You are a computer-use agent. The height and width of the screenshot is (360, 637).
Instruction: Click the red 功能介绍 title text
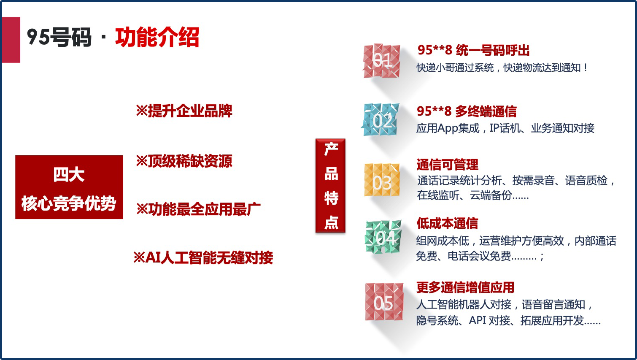tap(157, 37)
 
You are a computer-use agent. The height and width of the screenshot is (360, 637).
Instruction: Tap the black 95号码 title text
tap(59, 37)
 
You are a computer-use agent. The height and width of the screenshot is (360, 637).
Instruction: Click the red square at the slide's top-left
tap(11, 40)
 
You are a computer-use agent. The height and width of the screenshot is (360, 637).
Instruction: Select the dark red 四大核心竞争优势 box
tap(69, 187)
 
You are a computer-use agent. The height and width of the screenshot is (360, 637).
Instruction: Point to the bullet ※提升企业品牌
tap(184, 111)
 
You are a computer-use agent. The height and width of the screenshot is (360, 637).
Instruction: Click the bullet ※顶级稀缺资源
tap(184, 161)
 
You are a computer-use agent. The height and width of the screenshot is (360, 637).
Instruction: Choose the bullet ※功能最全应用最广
tap(198, 209)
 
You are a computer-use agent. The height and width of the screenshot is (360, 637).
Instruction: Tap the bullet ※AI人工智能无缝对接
tap(203, 257)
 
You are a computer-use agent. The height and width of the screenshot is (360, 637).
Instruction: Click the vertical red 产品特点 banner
tap(330, 186)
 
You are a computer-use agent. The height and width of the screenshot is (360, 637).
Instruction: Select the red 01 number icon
tap(382, 61)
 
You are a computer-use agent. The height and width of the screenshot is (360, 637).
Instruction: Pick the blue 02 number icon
tap(381, 119)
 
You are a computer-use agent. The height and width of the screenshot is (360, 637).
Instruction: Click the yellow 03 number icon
tap(382, 180)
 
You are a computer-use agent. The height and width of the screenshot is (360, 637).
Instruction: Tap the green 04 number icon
tap(383, 237)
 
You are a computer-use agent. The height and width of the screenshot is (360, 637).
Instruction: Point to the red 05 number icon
tap(384, 302)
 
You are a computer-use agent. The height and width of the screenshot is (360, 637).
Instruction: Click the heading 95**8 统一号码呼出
tap(473, 50)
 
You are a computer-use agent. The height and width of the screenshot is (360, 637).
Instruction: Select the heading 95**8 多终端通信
tap(467, 111)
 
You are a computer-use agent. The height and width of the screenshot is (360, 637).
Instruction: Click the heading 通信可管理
tap(447, 165)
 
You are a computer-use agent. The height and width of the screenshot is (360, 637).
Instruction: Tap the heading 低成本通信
tap(447, 223)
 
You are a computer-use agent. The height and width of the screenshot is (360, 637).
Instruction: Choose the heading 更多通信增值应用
tap(465, 287)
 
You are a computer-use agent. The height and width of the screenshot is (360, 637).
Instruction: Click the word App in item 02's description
tap(448, 129)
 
